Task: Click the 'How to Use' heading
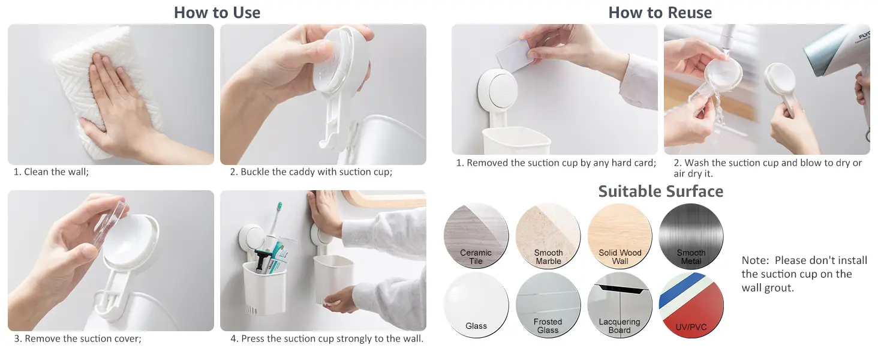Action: tap(217, 13)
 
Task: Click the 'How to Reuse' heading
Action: tap(660, 13)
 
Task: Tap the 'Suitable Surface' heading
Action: tap(661, 191)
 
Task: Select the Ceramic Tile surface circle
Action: tap(476, 236)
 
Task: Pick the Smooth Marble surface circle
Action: tap(548, 236)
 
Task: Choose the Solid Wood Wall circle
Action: tap(620, 236)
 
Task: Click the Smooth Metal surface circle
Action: tap(691, 236)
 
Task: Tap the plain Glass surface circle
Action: tap(476, 305)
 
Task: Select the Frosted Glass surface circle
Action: tap(548, 305)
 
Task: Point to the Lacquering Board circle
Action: tap(620, 305)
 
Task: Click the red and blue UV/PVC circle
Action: tap(691, 305)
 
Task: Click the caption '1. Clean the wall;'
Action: tap(52, 172)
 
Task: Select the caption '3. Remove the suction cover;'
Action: tap(77, 338)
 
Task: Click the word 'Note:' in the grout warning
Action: tap(755, 260)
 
